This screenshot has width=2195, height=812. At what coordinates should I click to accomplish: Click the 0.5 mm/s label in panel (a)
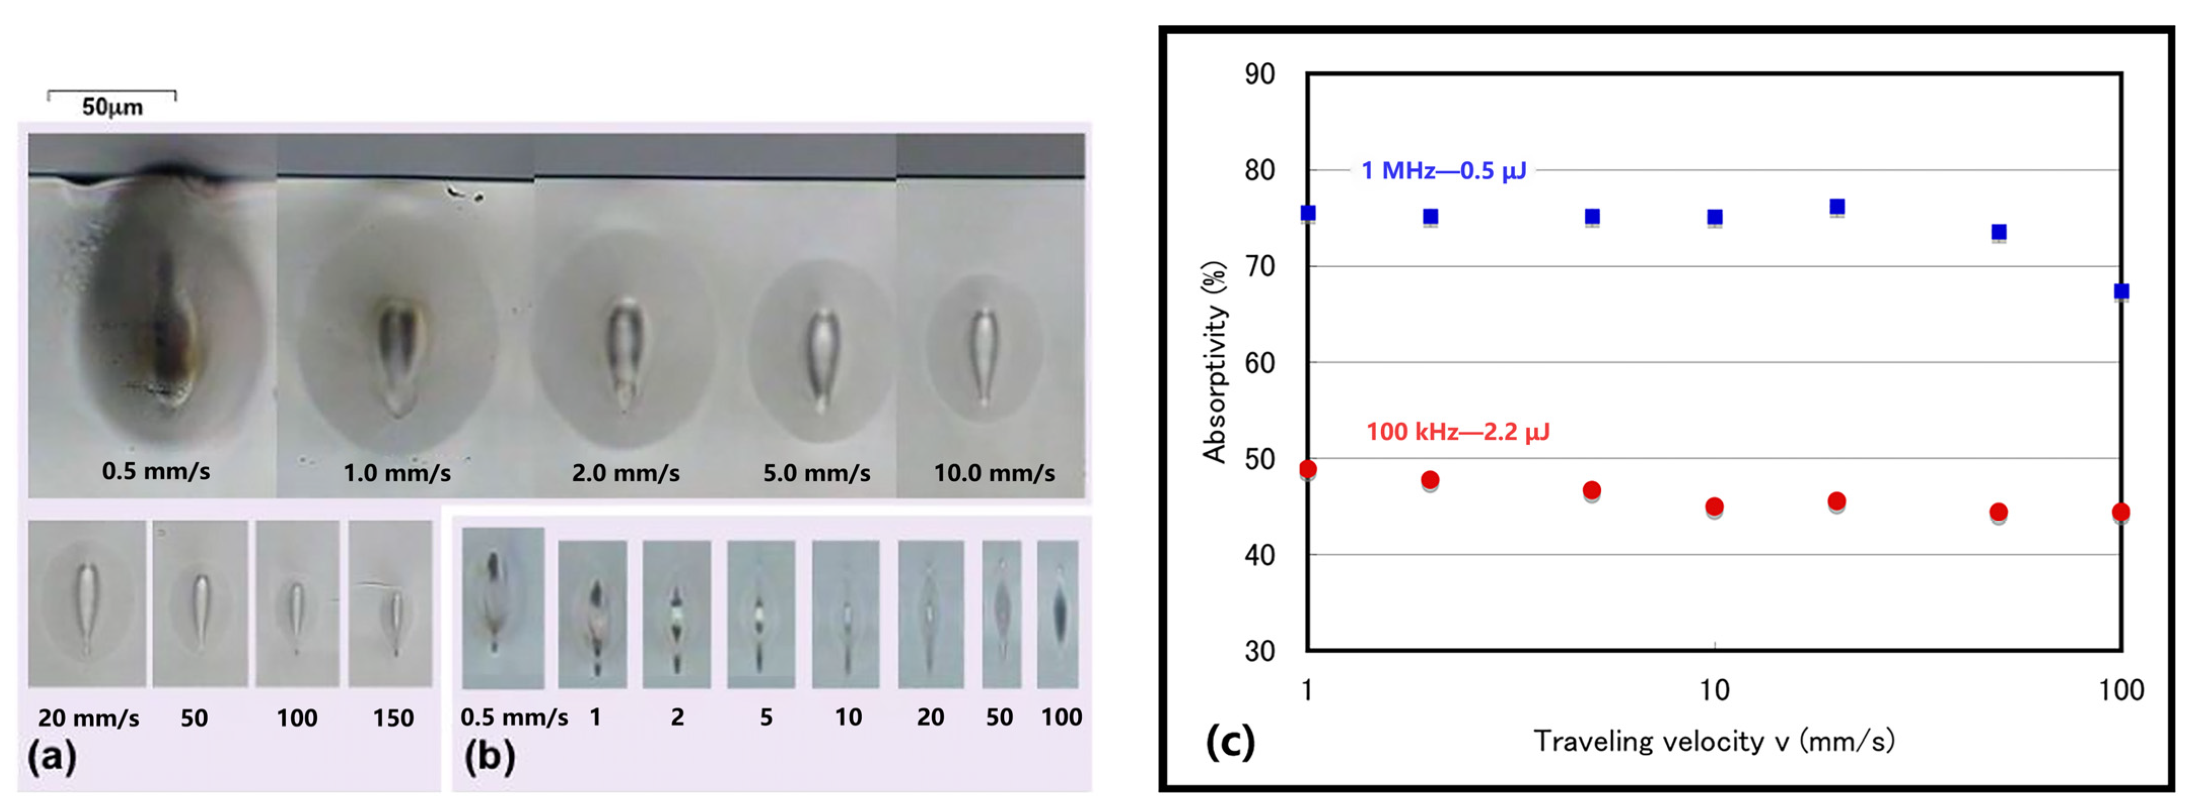156,471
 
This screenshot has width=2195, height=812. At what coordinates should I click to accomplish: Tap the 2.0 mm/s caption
625,473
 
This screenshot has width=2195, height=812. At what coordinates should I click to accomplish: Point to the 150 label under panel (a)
393,718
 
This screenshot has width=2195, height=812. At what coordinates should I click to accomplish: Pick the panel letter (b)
489,756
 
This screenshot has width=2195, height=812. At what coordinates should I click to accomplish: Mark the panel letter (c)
1230,741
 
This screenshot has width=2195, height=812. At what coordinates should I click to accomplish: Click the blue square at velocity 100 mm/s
2121,291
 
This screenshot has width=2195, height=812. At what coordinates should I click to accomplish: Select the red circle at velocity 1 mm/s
1308,470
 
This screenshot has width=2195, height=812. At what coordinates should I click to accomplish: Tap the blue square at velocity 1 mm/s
1308,213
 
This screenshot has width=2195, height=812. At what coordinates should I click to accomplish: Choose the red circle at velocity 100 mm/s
2121,512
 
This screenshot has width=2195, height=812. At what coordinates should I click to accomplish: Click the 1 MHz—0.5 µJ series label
1444,171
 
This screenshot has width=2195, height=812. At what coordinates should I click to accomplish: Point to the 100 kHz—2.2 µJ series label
1458,432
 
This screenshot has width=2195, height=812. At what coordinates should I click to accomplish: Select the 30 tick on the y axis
1260,652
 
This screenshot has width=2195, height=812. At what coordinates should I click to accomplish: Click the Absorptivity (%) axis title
1214,362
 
